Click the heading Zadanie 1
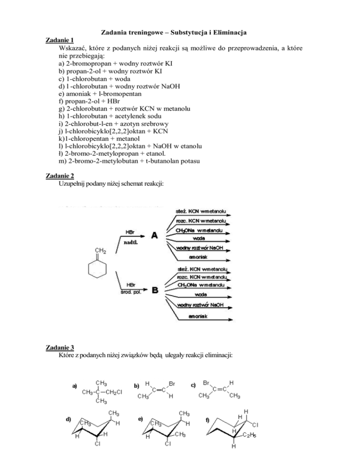coord(60,40)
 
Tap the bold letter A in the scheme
coord(153,236)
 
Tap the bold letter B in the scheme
coord(153,291)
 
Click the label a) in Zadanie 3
coord(75,386)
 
